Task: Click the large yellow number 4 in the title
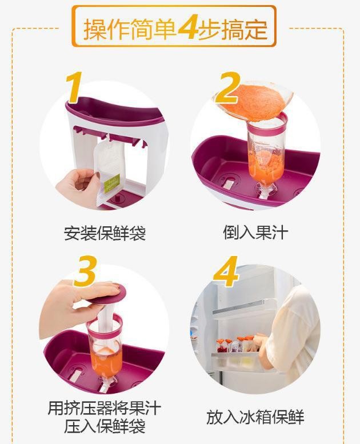[x=187, y=29]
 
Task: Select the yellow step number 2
[x=227, y=88]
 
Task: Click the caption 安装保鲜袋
[x=105, y=233]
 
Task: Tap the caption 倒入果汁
[x=255, y=233]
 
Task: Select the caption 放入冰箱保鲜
[x=255, y=417]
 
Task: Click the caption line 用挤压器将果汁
[x=105, y=408]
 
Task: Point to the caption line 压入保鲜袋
[x=105, y=427]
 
